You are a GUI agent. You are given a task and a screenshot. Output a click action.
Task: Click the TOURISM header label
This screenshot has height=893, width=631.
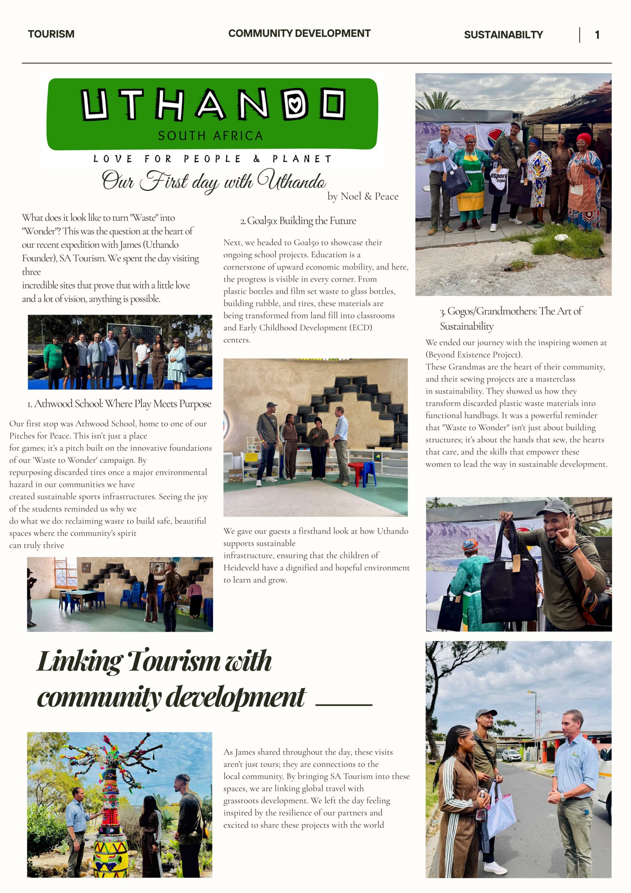click(51, 34)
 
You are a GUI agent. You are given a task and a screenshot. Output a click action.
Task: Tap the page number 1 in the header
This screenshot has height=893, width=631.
click(597, 35)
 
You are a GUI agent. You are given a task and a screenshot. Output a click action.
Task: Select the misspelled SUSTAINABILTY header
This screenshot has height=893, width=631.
click(503, 35)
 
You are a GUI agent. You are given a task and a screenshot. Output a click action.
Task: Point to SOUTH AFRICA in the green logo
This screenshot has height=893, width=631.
click(210, 136)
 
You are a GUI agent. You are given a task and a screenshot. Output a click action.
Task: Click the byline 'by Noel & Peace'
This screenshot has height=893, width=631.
click(362, 196)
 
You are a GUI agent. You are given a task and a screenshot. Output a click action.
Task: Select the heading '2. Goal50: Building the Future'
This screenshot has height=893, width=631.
click(298, 221)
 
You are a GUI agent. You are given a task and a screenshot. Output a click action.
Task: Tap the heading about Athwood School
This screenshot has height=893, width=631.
click(119, 404)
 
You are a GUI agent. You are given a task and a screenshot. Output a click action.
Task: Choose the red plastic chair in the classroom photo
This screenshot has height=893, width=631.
click(356, 471)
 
